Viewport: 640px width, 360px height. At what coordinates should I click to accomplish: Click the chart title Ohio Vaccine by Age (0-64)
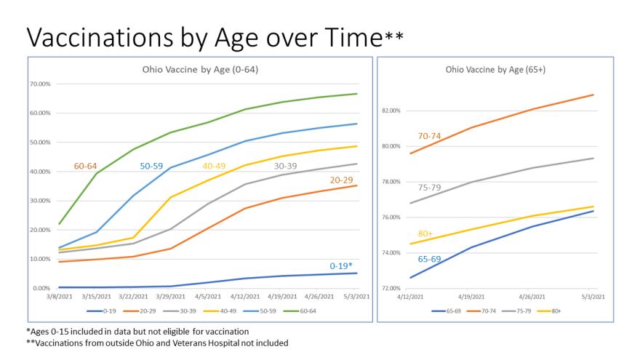point(200,70)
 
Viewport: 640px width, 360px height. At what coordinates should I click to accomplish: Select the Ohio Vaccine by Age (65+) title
point(495,70)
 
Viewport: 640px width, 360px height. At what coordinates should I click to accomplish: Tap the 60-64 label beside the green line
point(85,166)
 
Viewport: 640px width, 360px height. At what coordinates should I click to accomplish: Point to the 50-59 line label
point(151,166)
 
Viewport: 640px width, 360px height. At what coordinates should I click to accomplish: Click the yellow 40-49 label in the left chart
point(214,166)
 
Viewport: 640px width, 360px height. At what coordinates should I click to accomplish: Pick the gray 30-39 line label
point(285,166)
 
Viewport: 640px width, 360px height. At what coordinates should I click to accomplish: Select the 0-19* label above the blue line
point(341,266)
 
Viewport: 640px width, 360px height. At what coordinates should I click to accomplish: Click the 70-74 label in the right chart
point(429,136)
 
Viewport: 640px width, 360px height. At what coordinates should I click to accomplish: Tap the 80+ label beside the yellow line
point(425,233)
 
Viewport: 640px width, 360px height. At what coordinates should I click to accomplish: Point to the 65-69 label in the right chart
point(429,259)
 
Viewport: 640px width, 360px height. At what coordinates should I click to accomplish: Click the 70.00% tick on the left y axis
point(40,84)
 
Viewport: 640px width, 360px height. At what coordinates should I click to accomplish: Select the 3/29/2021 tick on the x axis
point(170,297)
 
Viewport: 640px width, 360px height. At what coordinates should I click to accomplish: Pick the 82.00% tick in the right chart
point(391,111)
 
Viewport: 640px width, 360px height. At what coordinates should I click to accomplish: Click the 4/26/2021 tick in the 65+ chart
point(532,297)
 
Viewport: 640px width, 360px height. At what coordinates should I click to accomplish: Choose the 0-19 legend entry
point(101,311)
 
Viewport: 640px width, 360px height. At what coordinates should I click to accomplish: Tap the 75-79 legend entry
point(516,311)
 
